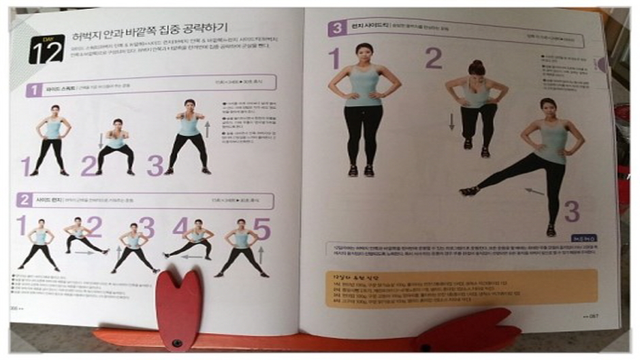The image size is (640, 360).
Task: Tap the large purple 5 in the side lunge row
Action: pyautogui.click(x=262, y=228)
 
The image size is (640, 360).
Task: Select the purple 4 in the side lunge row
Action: pyautogui.click(x=180, y=227)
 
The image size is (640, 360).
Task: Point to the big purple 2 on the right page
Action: pyautogui.click(x=434, y=59)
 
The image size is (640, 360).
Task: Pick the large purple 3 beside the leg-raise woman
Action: pyautogui.click(x=572, y=212)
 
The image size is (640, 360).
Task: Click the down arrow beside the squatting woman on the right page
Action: pyautogui.click(x=451, y=122)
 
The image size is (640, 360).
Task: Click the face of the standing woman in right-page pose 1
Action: pyautogui.click(x=363, y=53)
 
